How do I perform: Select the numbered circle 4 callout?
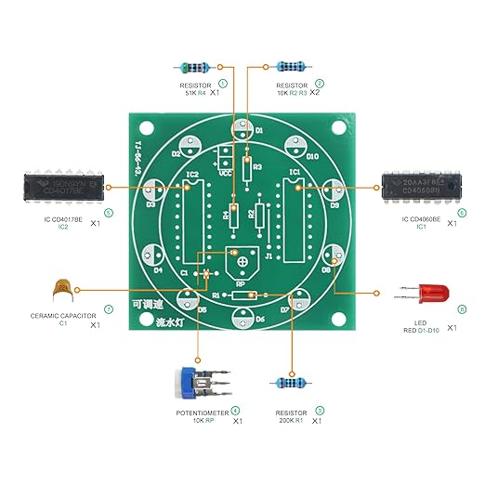(x=235, y=411)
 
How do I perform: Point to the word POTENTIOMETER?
(x=203, y=412)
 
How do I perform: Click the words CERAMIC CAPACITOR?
(x=64, y=315)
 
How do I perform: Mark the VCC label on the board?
(x=224, y=171)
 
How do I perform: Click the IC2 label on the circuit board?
(x=192, y=174)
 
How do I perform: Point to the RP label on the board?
(x=241, y=283)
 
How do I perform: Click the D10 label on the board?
(x=312, y=157)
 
